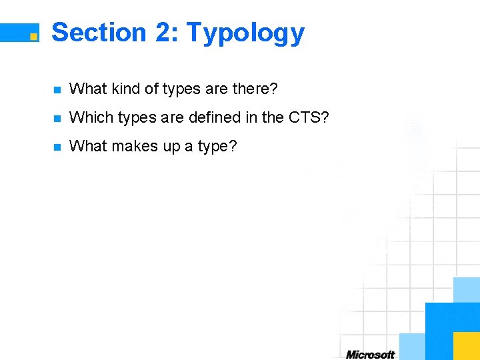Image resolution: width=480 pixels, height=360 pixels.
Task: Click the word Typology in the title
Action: pyautogui.click(x=245, y=33)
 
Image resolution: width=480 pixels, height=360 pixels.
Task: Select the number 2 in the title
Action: pyautogui.click(x=164, y=32)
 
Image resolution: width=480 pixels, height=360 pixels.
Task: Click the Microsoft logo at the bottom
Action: pyautogui.click(x=370, y=355)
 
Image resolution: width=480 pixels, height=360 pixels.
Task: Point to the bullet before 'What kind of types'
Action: pyautogui.click(x=57, y=89)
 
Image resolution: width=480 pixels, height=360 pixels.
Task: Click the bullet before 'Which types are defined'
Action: pyautogui.click(x=57, y=119)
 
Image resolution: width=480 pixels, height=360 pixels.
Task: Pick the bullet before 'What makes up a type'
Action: pyautogui.click(x=57, y=147)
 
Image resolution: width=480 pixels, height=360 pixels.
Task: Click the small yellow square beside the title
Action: pyautogui.click(x=33, y=37)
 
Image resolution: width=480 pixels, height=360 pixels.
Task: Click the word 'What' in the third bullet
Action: pyautogui.click(x=88, y=146)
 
